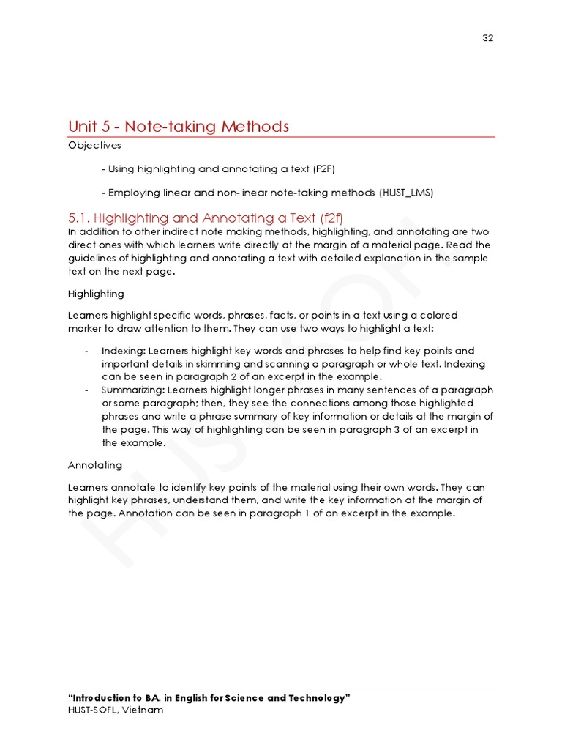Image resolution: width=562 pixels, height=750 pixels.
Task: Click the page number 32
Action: (x=488, y=38)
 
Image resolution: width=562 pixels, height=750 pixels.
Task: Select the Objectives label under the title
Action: (x=94, y=145)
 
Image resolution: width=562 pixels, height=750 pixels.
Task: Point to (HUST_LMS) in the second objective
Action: (x=406, y=193)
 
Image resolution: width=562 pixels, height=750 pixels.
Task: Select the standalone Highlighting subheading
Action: (x=96, y=294)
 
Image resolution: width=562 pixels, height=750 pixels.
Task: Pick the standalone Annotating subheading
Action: (x=95, y=465)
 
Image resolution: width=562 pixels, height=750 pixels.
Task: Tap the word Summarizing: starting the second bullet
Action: (x=133, y=390)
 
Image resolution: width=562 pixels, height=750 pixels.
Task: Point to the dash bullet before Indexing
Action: (x=87, y=351)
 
